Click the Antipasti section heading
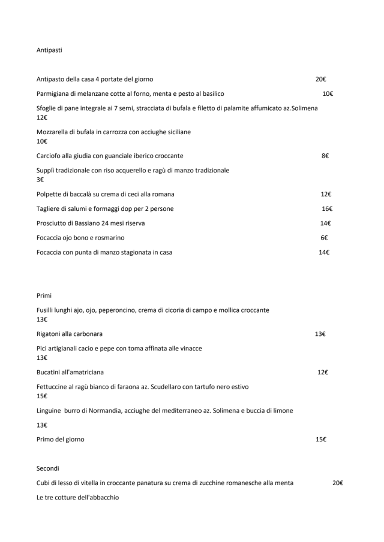49,50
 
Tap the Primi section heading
44,295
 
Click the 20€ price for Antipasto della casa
321,79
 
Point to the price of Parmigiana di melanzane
328,94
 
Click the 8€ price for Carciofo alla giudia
325,156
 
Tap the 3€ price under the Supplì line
40,180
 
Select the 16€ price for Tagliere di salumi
327,209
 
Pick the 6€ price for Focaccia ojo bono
324,238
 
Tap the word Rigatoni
50,334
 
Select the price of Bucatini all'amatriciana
322,373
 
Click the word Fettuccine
53,387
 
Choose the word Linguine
50,410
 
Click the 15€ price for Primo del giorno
321,440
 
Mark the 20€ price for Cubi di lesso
338,483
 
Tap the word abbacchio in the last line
103,498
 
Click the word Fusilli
46,310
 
